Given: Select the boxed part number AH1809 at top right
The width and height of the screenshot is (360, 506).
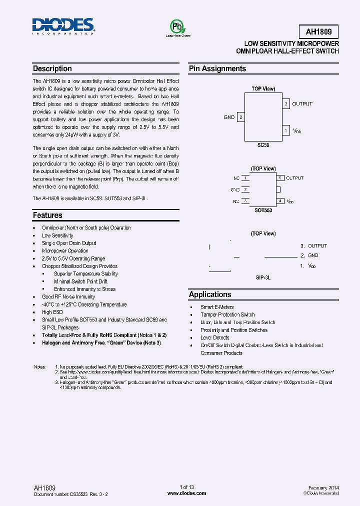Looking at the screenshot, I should tap(322, 32).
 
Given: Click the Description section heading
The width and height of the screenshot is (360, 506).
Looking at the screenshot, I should tap(52, 69).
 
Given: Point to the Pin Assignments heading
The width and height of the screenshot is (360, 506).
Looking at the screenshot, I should tap(217, 69).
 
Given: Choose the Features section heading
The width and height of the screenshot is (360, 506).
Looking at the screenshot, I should tap(47, 215).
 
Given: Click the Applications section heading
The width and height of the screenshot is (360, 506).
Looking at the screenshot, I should tap(210, 295).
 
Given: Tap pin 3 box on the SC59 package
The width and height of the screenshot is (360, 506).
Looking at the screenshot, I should tap(286, 104).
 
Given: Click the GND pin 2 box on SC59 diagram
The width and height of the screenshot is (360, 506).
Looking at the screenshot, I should tap(241, 117).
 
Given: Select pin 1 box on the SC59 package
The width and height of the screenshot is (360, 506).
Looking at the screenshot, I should tap(286, 130).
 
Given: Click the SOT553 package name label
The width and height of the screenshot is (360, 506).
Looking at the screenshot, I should tap(263, 211).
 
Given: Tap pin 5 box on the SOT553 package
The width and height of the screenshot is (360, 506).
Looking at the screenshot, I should tap(280, 178).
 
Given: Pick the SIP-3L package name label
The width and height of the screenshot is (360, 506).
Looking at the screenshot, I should tap(263, 276).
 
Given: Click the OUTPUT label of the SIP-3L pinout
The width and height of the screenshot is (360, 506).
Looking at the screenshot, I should tap(317, 246).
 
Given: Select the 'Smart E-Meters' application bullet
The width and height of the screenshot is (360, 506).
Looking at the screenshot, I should tap(217, 307).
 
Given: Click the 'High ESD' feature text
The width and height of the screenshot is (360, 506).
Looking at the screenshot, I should tap(52, 312).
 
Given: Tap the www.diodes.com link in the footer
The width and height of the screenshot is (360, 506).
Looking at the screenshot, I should tap(186, 493).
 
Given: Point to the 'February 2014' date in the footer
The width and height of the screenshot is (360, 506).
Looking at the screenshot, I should tap(323, 487).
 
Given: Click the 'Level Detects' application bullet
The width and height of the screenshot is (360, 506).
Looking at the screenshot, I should tap(215, 338).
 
